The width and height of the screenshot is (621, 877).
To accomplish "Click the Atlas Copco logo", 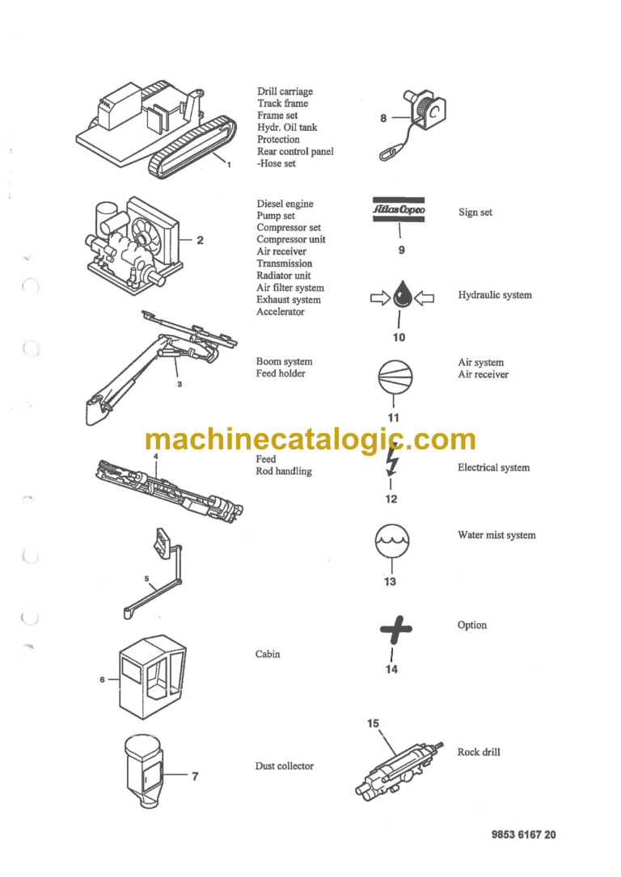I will click(x=399, y=211).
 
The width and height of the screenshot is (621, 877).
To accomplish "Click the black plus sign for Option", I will click(x=395, y=628).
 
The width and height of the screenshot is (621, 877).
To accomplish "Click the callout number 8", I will click(x=383, y=118).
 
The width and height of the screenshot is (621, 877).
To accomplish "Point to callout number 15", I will click(x=373, y=723).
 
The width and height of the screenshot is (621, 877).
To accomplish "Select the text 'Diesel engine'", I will click(x=285, y=204).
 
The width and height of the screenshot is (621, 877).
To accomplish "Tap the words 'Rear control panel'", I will click(x=294, y=151).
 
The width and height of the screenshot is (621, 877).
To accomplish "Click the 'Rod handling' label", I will click(x=283, y=471).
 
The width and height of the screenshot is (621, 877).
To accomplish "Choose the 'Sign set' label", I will click(x=475, y=213).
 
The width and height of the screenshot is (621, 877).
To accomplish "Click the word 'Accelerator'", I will click(x=281, y=312).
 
